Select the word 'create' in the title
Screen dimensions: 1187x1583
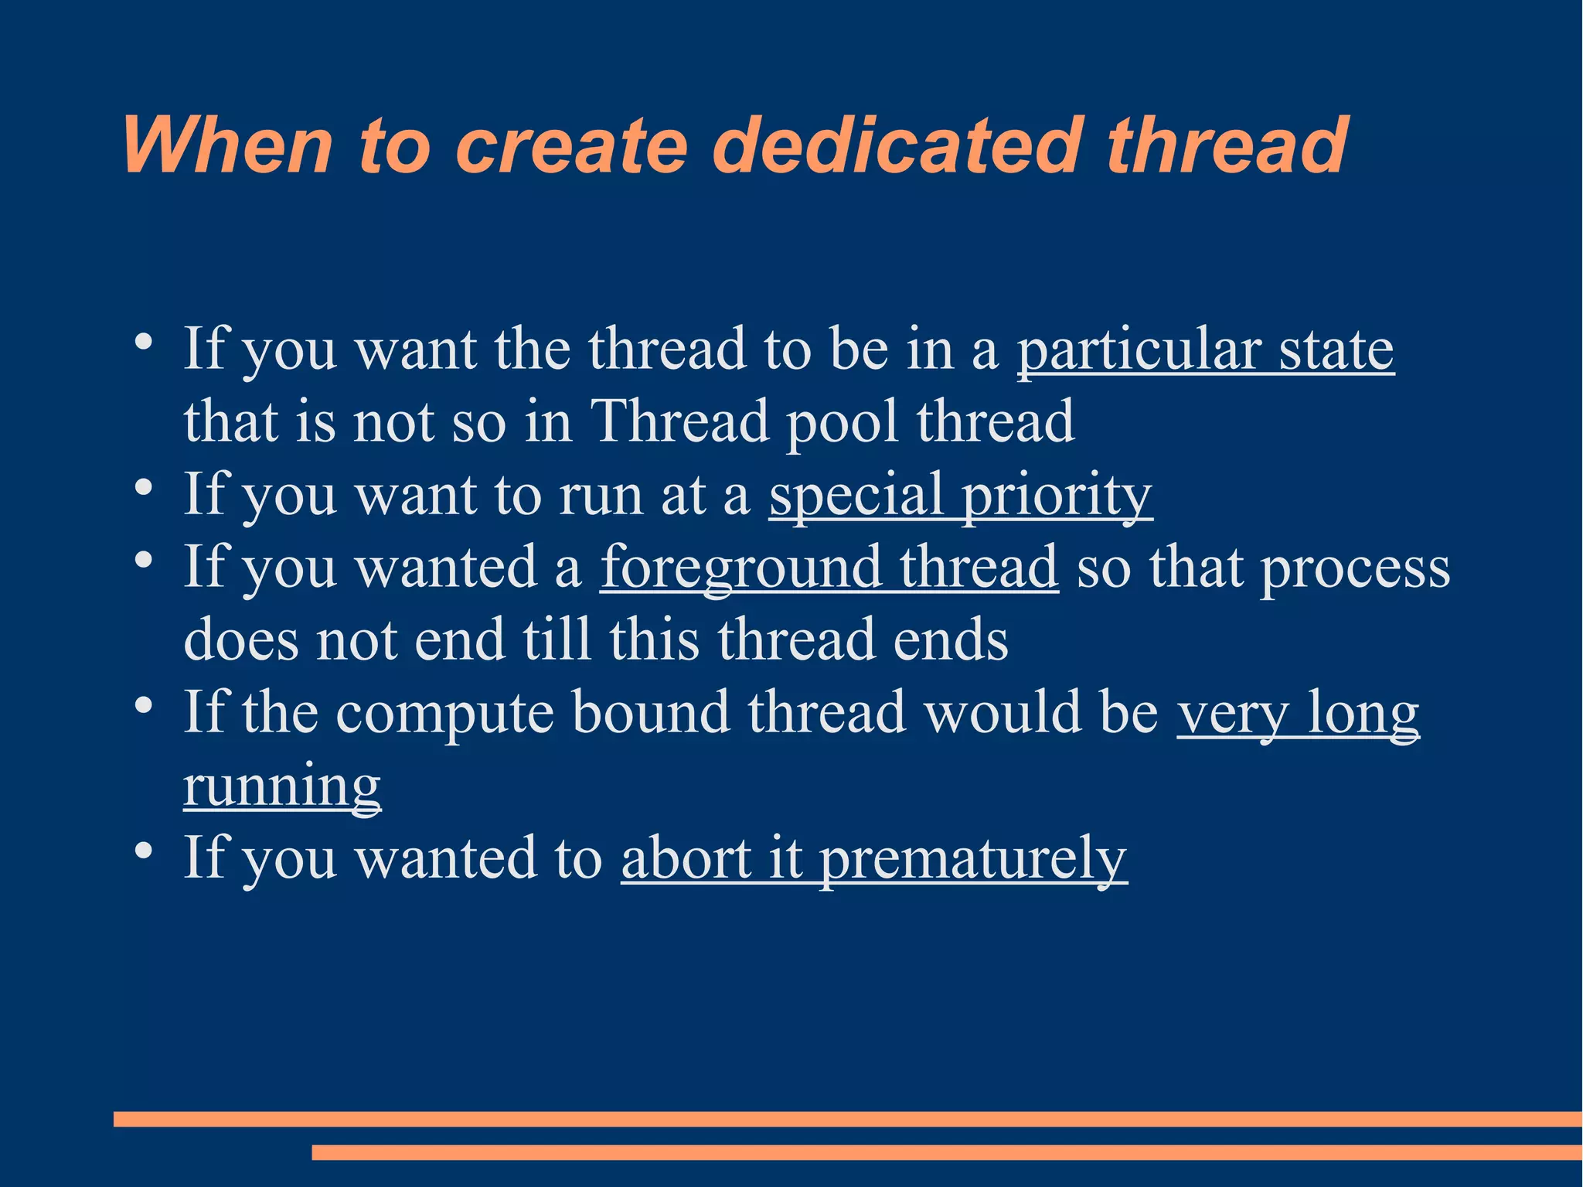point(571,145)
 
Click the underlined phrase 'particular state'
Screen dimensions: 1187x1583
point(1204,350)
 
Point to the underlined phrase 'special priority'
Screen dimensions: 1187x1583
point(960,495)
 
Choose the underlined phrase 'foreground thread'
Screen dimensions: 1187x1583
point(829,568)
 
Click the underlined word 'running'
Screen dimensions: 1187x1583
point(282,786)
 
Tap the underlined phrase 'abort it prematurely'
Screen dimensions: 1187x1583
point(873,858)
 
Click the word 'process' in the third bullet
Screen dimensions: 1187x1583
point(1355,568)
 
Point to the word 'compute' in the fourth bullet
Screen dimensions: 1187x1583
point(445,713)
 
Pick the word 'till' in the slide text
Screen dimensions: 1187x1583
point(557,640)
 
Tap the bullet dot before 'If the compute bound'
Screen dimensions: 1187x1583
point(142,705)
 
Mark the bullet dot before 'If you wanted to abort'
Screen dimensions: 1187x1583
point(142,851)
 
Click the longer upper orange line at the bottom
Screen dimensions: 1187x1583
point(847,1119)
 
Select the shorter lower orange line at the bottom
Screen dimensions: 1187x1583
point(946,1152)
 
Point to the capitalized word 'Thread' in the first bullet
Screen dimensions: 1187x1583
point(679,422)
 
